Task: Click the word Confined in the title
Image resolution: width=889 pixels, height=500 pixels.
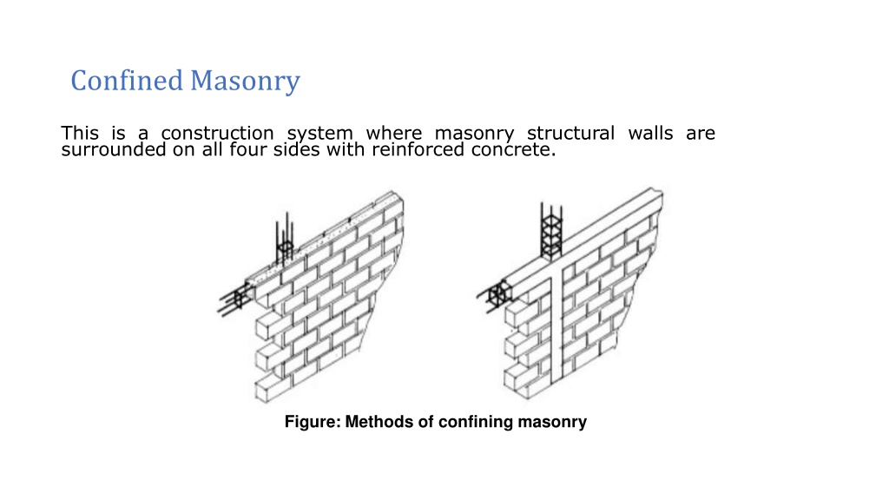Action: tap(127, 80)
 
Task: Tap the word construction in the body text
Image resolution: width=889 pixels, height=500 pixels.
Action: tap(217, 133)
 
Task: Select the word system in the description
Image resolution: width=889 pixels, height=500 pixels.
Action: tap(319, 135)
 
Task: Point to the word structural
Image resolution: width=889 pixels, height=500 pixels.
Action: tap(570, 133)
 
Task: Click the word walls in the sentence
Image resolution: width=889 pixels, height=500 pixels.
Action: tap(650, 133)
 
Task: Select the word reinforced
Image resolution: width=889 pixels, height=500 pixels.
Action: tap(418, 149)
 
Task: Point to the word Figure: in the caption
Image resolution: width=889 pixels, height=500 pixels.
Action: tap(313, 422)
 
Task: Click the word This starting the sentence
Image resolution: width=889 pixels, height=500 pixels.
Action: tap(80, 133)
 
